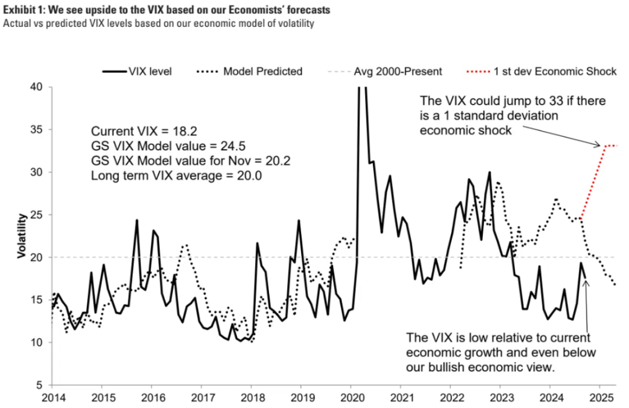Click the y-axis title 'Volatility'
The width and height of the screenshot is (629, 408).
[x=21, y=236]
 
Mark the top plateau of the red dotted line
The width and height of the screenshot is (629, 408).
[x=610, y=145]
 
